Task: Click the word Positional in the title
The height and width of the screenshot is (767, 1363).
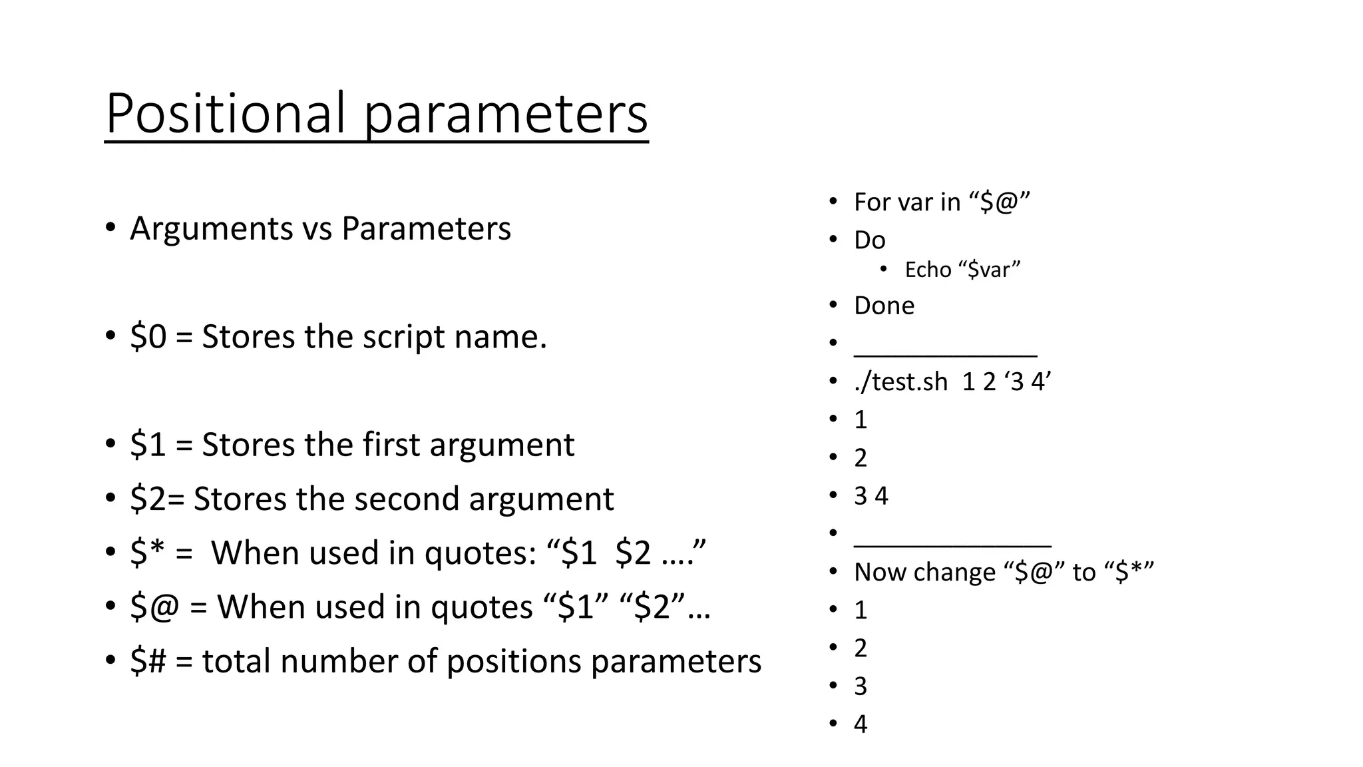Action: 226,113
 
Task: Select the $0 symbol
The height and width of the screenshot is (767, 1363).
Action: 148,336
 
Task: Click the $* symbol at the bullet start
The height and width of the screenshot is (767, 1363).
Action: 147,553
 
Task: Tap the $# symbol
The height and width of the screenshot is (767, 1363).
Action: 148,661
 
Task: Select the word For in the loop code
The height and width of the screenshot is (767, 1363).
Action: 870,202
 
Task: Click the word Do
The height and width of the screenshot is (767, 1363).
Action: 869,240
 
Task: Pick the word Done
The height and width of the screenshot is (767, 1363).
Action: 884,306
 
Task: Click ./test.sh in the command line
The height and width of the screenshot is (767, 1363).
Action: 900,382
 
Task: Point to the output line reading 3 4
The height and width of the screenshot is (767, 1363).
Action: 871,496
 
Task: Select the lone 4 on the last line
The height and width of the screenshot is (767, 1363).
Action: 861,724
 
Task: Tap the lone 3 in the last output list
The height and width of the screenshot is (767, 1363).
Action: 861,686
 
